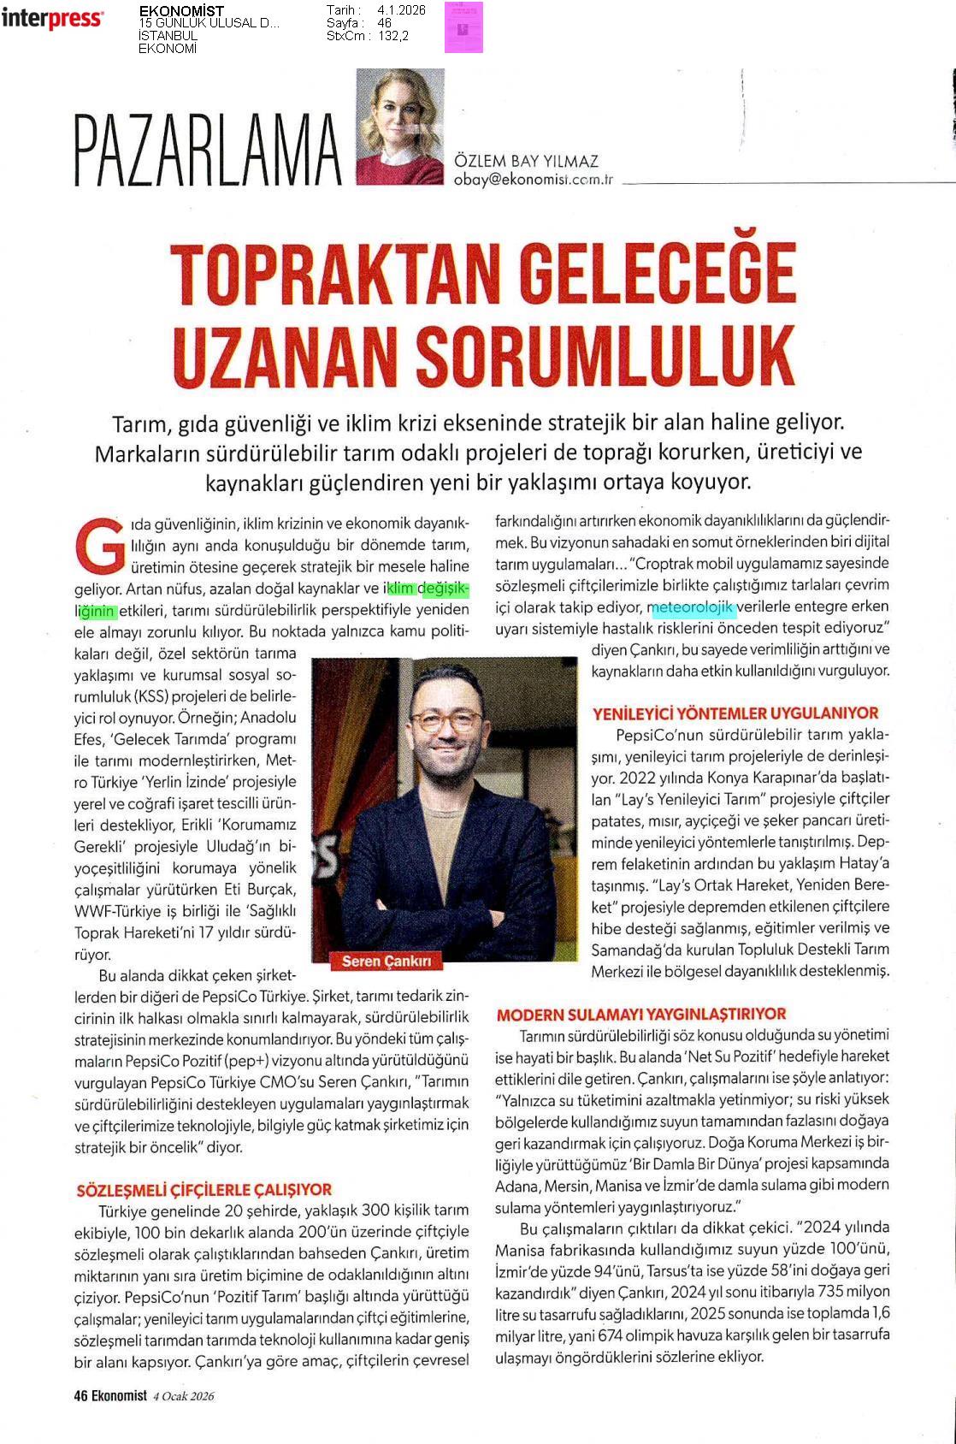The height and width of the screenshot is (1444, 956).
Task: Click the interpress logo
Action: pyautogui.click(x=52, y=19)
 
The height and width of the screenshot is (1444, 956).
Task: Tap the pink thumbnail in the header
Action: pyautogui.click(x=463, y=27)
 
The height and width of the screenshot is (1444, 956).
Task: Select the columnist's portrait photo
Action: pyautogui.click(x=400, y=127)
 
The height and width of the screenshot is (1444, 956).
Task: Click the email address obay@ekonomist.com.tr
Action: pyautogui.click(x=534, y=180)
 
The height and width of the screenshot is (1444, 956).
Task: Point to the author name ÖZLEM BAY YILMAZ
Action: pyautogui.click(x=526, y=161)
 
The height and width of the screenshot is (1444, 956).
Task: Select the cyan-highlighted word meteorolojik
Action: pyautogui.click(x=693, y=608)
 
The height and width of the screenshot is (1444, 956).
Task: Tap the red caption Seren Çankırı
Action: pyautogui.click(x=387, y=961)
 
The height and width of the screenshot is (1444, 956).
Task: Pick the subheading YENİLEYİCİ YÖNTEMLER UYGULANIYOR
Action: pyautogui.click(x=735, y=713)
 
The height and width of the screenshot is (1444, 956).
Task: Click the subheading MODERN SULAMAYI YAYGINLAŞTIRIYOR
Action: pyautogui.click(x=640, y=1014)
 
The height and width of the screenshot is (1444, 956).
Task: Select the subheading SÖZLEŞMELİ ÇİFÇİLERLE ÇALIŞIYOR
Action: pyautogui.click(x=204, y=1189)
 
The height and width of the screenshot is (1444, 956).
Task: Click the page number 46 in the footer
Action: pyautogui.click(x=81, y=1396)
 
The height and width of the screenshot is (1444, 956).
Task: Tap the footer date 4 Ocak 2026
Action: pyautogui.click(x=183, y=1396)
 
